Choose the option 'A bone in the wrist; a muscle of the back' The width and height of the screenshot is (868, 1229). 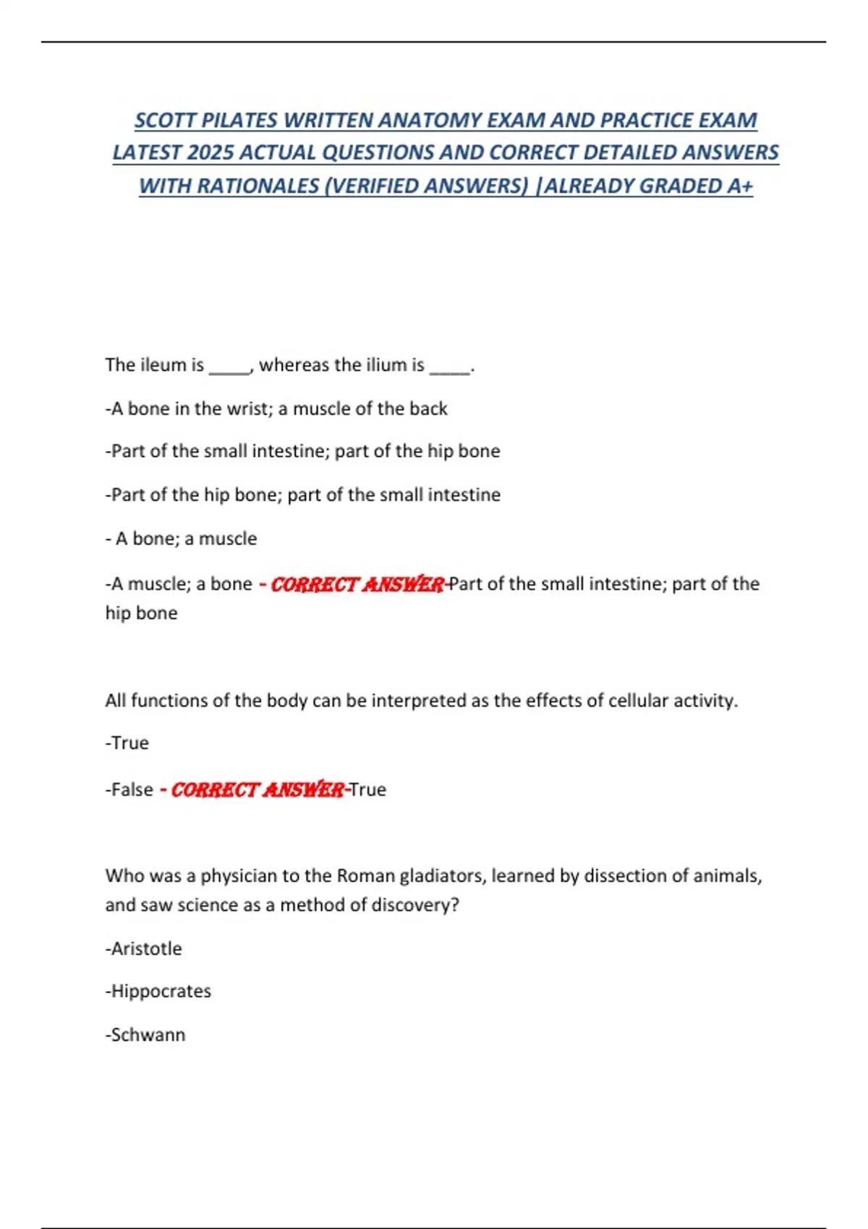276,408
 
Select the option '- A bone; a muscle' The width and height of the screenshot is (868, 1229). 181,539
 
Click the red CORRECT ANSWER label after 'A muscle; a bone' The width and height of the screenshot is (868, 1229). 357,584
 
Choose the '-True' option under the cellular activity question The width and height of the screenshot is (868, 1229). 127,743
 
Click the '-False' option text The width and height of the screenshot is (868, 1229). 129,789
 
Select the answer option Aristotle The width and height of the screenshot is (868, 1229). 144,948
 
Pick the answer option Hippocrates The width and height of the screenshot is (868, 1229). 158,991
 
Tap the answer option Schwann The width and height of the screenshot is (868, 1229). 145,1035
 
